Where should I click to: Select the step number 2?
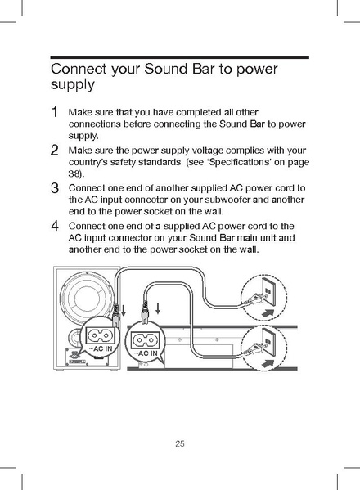[54, 151]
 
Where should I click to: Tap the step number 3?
[54, 189]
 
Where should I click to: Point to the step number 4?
[54, 225]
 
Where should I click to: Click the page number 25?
[180, 444]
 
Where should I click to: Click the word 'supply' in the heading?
[73, 85]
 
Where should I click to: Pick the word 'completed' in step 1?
[200, 111]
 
